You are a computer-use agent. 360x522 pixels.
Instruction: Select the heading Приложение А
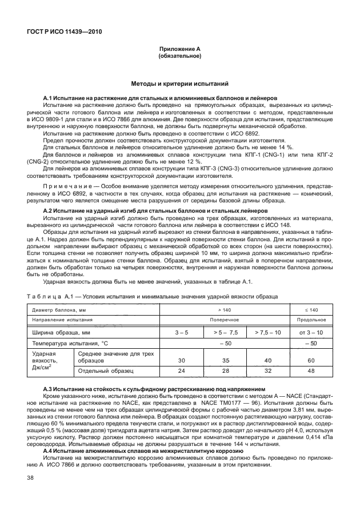[179, 49]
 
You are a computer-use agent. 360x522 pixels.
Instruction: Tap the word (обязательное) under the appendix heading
[179, 56]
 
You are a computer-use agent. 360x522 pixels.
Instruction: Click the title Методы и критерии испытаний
[179, 84]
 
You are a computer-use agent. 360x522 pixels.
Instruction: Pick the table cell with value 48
[311, 372]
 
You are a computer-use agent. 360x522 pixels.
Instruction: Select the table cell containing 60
[311, 361]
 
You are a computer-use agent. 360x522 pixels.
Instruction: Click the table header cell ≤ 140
[311, 309]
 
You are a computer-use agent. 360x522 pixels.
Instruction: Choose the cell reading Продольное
[311, 320]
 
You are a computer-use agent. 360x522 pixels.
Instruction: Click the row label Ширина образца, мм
[62, 332]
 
